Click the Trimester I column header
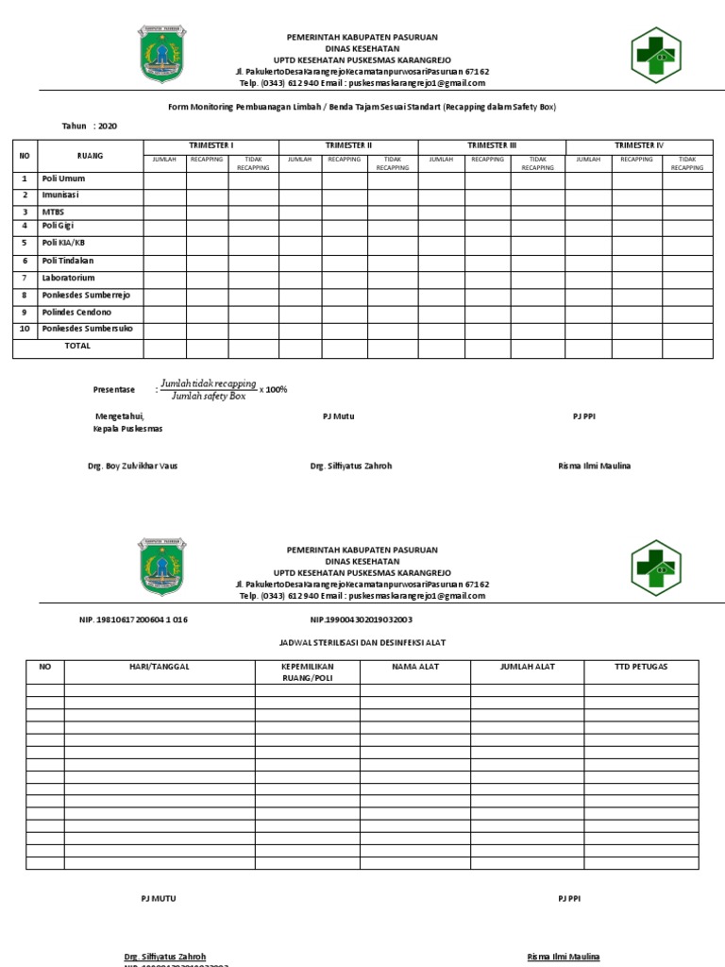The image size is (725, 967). coord(211,144)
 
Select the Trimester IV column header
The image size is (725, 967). coord(639,144)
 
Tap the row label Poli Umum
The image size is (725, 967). coord(63,178)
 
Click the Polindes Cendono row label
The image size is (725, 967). coord(76,312)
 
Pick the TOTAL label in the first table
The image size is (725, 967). coord(77,346)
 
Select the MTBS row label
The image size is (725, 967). coord(53,212)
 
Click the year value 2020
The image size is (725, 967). coord(107,126)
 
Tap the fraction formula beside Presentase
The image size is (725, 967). coord(209,390)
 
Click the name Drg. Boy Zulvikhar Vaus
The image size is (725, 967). coord(132,466)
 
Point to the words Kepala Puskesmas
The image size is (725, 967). coord(127,429)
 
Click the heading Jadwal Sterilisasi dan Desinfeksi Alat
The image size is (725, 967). coord(362,642)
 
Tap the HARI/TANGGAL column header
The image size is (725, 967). coord(160,667)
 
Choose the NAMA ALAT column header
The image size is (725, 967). coord(415,667)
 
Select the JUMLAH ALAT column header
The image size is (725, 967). coord(527,667)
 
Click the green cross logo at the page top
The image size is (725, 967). coord(655,57)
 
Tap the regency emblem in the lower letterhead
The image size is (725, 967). coord(163,566)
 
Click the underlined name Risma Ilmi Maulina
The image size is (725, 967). coord(563,957)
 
